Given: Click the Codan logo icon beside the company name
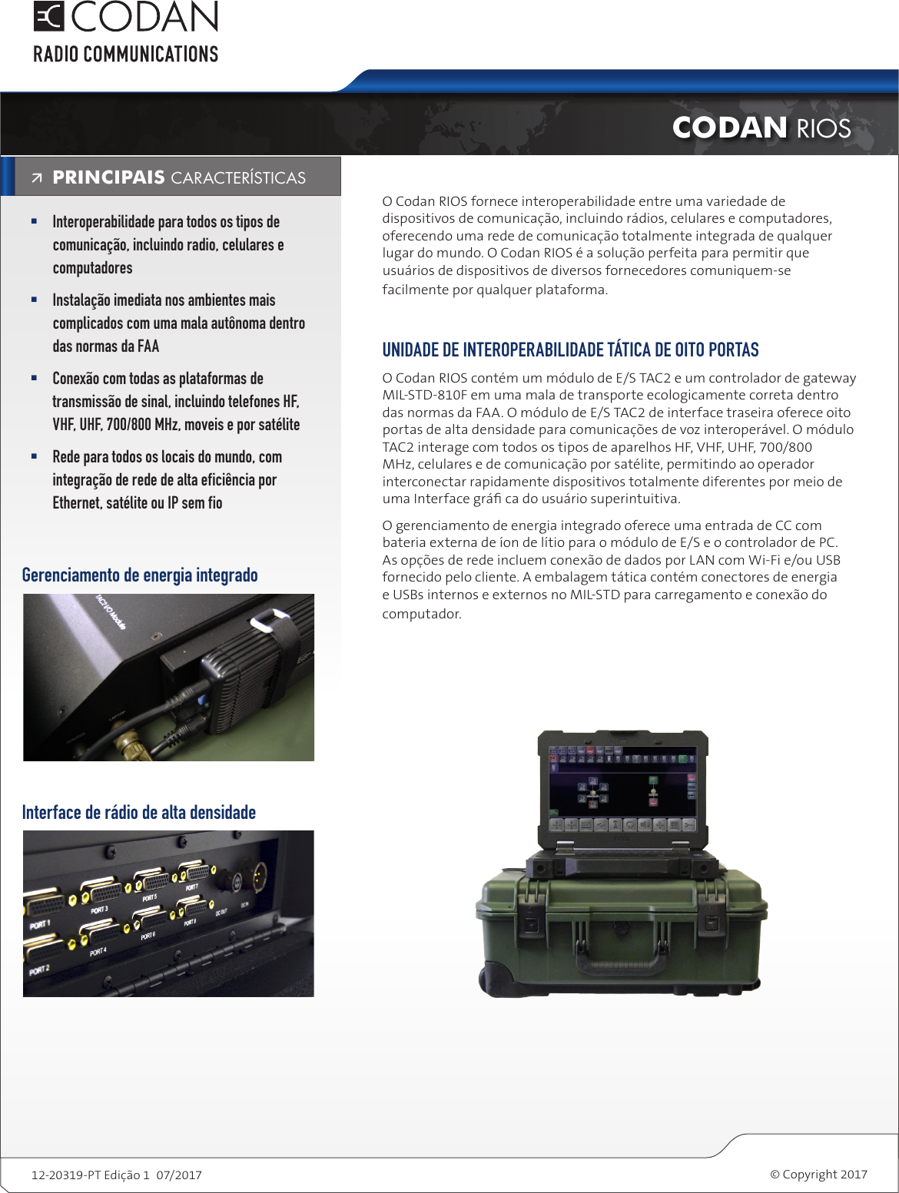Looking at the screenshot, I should pos(48,16).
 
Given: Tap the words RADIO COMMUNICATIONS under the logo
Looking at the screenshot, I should pos(125,55).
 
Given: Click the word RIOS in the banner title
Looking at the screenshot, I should pos(824,128).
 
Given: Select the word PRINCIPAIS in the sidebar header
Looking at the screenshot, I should pos(108,177).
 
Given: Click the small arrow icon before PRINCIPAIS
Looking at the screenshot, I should pos(37,178).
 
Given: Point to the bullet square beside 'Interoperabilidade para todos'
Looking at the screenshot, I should pos(34,221).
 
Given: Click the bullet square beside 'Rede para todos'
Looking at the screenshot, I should pos(34,456).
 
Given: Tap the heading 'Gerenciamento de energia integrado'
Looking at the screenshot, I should pos(140,575).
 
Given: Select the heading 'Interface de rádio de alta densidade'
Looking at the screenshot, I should pos(139,813).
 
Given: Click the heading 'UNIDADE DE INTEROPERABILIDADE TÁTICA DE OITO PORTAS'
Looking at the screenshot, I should pos(570,350).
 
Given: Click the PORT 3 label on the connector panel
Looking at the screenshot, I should pos(99,910).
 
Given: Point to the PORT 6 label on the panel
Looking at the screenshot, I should pos(148,936).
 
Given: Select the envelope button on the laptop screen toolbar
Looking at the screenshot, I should pos(586,825).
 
